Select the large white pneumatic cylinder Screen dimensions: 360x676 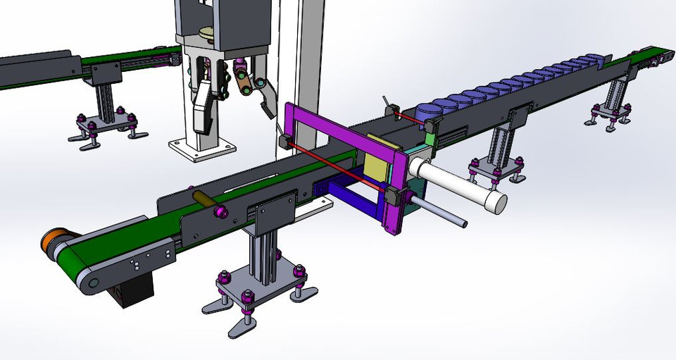tap(458, 183)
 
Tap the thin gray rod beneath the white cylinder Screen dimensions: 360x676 tap(440, 213)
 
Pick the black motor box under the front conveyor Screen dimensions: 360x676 tap(134, 290)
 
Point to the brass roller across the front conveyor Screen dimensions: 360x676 tap(206, 201)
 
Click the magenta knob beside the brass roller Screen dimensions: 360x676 tap(221, 212)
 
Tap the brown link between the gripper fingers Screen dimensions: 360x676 tap(244, 85)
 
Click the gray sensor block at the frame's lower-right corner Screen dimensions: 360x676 tap(395, 198)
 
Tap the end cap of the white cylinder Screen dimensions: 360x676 tap(498, 203)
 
